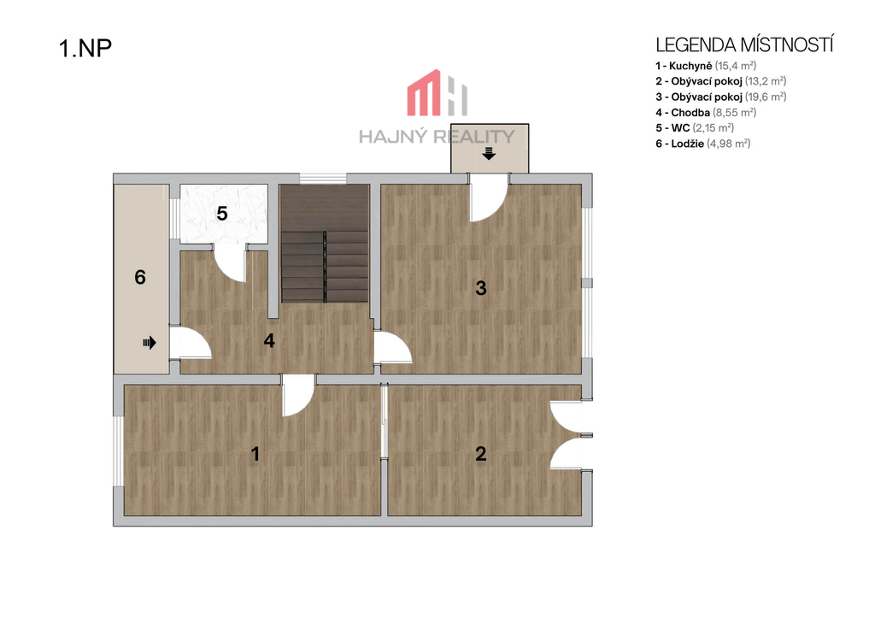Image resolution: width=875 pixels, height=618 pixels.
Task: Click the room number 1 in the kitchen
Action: (x=255, y=454)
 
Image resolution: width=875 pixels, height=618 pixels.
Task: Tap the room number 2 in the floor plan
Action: (x=480, y=454)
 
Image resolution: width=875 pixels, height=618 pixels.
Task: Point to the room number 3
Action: (x=480, y=288)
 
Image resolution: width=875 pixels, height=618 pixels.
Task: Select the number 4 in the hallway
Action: (x=269, y=340)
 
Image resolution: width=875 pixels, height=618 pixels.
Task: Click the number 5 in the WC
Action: (x=222, y=214)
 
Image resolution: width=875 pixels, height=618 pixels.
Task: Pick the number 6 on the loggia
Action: (x=140, y=278)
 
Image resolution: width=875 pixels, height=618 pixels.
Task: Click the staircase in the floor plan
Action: (x=324, y=244)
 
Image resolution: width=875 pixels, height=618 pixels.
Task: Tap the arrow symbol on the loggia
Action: (x=149, y=342)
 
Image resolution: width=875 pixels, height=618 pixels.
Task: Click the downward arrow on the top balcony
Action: (x=489, y=153)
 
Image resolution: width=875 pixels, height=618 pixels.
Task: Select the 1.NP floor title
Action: (x=85, y=48)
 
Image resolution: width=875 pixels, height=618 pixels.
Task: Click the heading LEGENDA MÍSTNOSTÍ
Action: (x=744, y=44)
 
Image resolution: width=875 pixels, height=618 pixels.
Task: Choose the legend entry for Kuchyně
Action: (x=706, y=66)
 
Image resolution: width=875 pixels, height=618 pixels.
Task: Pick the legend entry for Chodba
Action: (x=706, y=113)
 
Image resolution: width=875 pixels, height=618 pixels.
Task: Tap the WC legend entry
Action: (x=695, y=128)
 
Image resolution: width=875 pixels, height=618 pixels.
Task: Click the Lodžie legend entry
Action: (x=703, y=144)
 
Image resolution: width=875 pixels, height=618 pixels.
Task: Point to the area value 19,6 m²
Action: (x=766, y=97)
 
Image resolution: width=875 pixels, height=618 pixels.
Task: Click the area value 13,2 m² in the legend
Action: (x=766, y=81)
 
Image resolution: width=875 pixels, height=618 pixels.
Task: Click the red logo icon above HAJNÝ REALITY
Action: (x=437, y=92)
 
